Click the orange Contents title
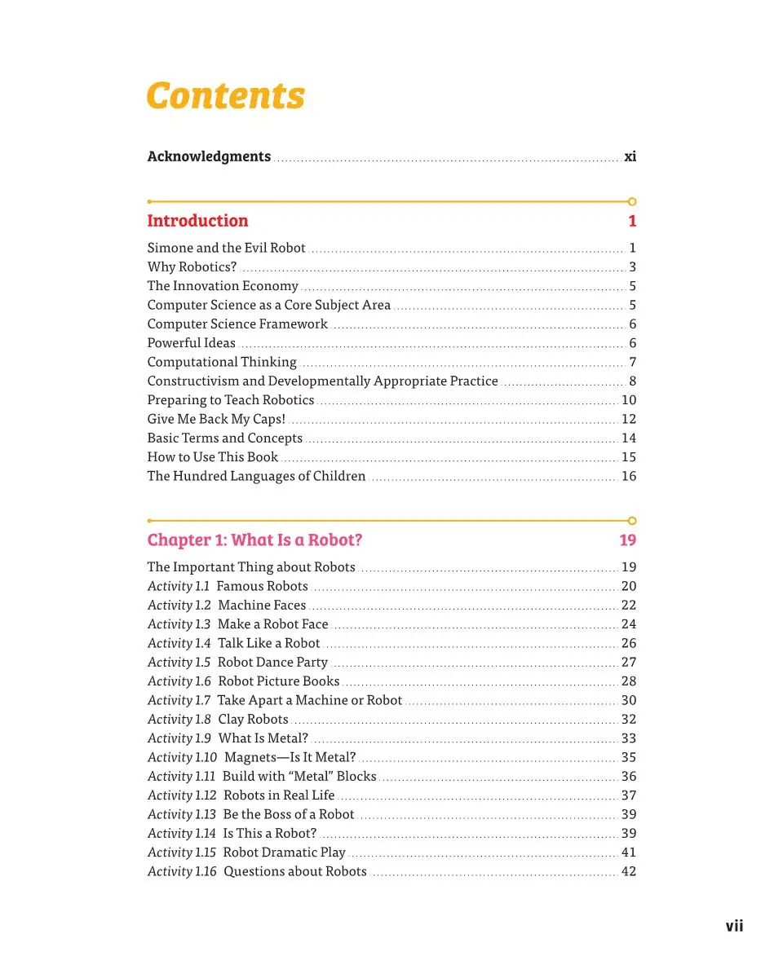[225, 95]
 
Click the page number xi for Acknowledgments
[630, 156]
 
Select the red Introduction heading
[197, 221]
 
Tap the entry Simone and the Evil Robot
[226, 248]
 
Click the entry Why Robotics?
[192, 267]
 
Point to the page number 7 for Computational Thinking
[632, 362]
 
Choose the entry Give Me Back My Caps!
[216, 419]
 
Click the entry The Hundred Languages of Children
[256, 476]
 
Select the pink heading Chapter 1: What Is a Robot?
[254, 540]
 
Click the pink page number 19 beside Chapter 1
[627, 540]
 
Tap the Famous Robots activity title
[262, 586]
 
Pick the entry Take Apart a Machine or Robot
[309, 700]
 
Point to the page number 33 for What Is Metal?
[628, 738]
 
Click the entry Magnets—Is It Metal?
[290, 757]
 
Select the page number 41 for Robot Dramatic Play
[628, 852]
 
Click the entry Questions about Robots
[295, 871]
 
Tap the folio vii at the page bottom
[734, 926]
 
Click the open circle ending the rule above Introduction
[632, 201]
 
